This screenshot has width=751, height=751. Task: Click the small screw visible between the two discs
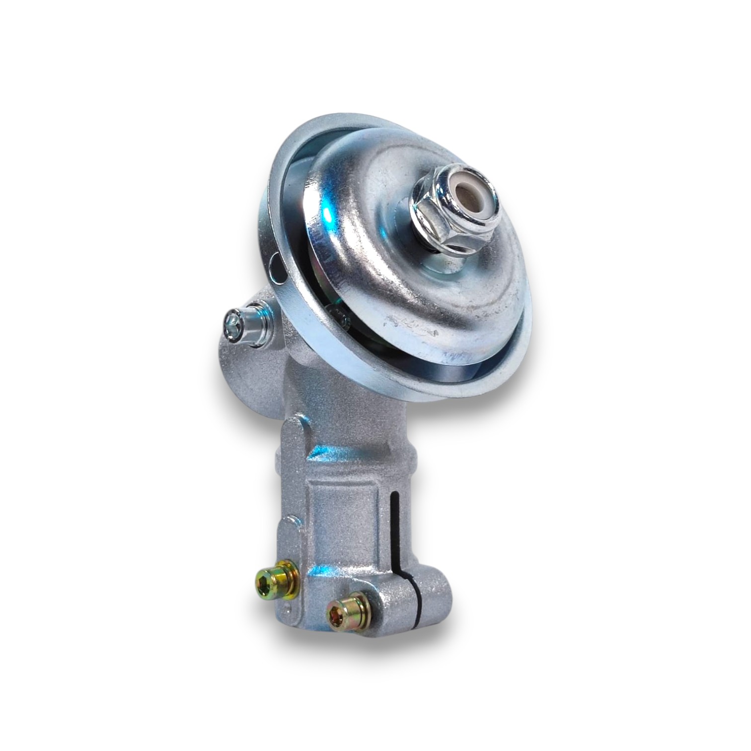click(x=337, y=312)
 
